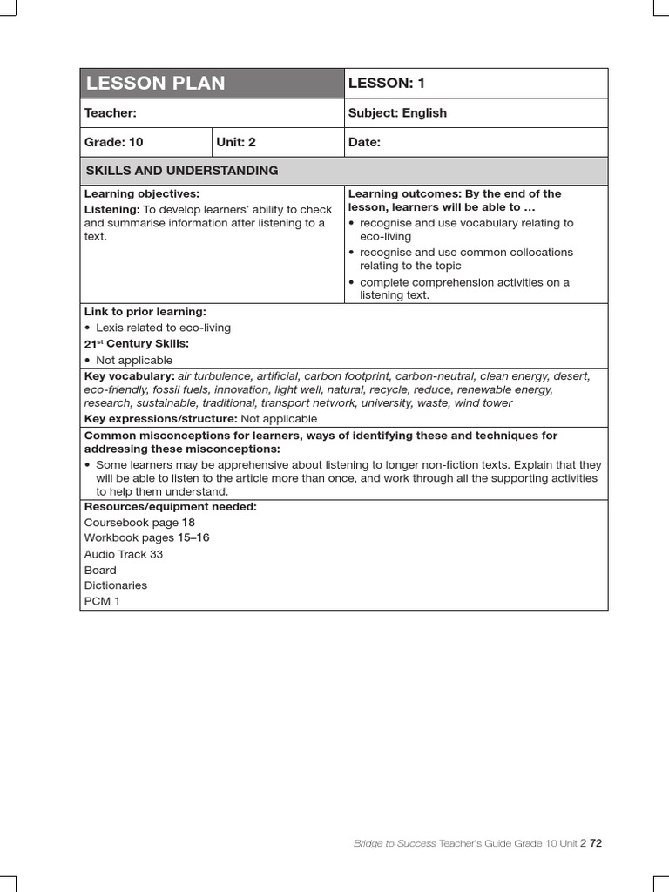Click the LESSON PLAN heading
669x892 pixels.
(155, 84)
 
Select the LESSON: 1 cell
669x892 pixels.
(387, 84)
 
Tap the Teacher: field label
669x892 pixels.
(110, 113)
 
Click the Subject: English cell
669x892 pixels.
(397, 113)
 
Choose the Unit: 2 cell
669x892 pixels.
(237, 142)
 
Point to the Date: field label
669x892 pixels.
(364, 142)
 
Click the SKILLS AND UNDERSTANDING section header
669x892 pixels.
(181, 171)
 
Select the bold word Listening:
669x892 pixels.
(111, 210)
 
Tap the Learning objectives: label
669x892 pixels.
(142, 193)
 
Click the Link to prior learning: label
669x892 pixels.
(145, 312)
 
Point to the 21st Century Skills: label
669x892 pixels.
(136, 344)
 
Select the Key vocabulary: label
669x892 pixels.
(129, 376)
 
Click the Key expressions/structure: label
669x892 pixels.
(160, 419)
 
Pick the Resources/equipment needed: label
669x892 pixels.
(170, 507)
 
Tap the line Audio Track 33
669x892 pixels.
(124, 554)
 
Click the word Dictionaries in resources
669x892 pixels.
(116, 585)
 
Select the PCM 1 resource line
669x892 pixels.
(103, 602)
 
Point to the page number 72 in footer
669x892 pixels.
(596, 843)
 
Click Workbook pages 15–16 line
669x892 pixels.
(146, 538)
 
